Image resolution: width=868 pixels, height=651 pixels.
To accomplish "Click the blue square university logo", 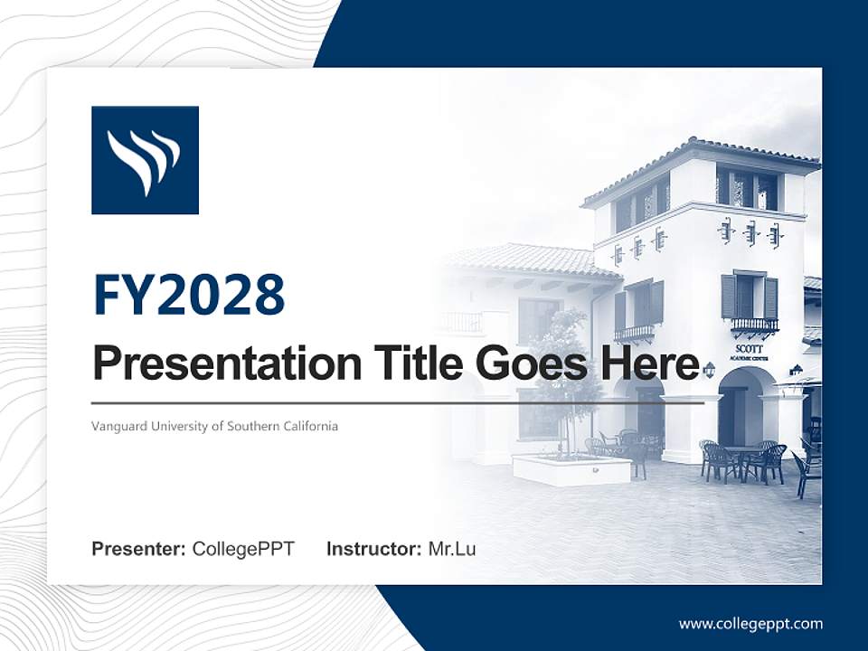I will coord(145,160).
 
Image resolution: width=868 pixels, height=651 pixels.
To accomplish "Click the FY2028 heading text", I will coord(189,294).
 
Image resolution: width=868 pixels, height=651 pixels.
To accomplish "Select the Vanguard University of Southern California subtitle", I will coord(214,425).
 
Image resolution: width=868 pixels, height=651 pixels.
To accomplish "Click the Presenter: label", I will coord(139,549).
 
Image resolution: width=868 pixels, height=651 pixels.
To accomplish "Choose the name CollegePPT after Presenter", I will coord(243,549).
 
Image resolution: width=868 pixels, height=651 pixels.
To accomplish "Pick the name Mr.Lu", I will coord(452,549).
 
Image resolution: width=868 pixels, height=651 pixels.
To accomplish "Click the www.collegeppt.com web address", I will coord(750,623).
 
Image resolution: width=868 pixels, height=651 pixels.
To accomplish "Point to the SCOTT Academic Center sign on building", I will coord(750,352).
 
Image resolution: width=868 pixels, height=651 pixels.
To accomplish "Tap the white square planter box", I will coord(571,469).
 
